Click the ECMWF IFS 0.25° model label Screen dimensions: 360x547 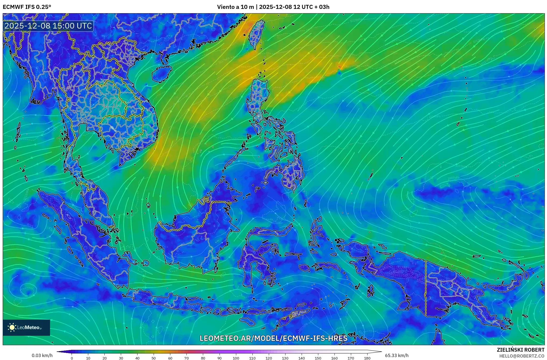(x=27, y=7)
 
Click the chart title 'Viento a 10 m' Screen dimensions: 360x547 (x=235, y=7)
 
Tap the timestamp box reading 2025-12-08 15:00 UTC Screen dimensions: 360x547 (x=48, y=26)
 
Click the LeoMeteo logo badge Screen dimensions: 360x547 (x=26, y=327)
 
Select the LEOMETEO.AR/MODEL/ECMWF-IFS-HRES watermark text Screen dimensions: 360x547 (x=273, y=338)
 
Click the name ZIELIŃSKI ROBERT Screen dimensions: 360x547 (x=520, y=350)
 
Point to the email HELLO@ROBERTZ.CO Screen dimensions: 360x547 (x=522, y=356)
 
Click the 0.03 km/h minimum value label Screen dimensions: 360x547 (x=42, y=355)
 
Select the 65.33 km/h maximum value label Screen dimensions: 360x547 (x=397, y=355)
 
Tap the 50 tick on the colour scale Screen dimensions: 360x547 (x=154, y=358)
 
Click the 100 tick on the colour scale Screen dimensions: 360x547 (x=236, y=358)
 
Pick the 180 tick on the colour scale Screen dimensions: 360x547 (x=367, y=358)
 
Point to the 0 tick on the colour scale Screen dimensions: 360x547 (x=72, y=358)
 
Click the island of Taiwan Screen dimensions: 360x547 (x=256, y=34)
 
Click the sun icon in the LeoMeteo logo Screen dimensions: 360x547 (x=12, y=327)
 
